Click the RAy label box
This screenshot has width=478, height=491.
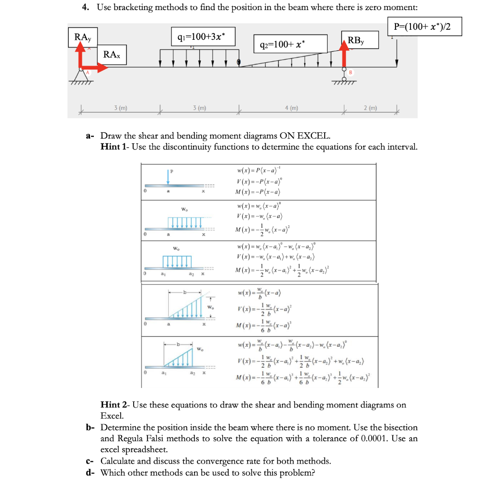83,37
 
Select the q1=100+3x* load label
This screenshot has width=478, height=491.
204,36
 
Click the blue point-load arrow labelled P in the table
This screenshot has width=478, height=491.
168,176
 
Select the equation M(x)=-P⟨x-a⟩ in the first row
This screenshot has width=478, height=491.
259,193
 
